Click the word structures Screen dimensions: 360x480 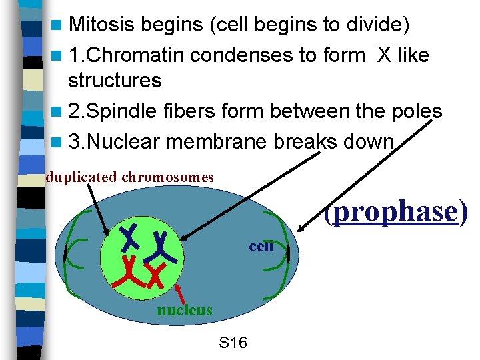tap(115, 81)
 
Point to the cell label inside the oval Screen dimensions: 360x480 tap(261, 246)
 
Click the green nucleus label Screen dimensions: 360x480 tap(185, 310)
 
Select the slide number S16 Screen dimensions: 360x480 tap(233, 343)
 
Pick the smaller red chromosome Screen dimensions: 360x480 tap(156, 275)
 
